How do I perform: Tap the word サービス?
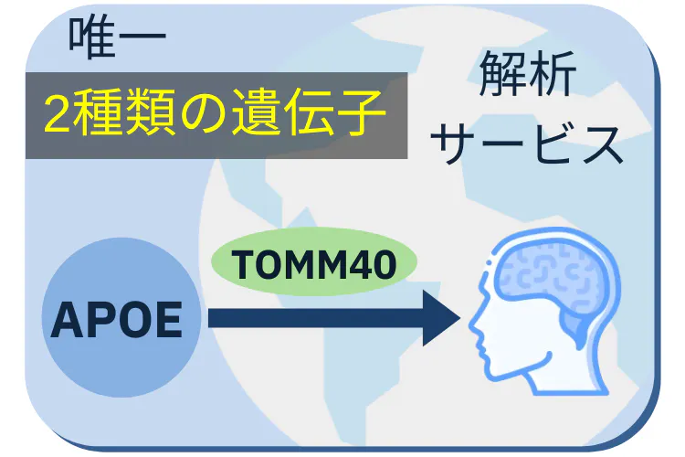tap(528, 144)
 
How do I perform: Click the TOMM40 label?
tap(313, 265)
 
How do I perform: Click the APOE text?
tap(115, 319)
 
